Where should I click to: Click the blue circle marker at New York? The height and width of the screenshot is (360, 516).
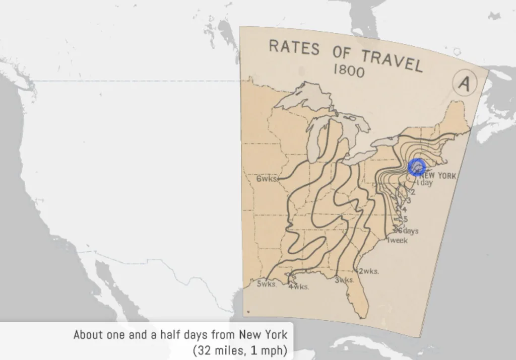pyautogui.click(x=417, y=167)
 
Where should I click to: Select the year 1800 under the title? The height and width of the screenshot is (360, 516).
pyautogui.click(x=348, y=70)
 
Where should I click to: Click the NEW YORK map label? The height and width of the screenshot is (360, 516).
pyautogui.click(x=437, y=176)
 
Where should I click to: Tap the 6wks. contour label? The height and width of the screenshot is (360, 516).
pyautogui.click(x=267, y=179)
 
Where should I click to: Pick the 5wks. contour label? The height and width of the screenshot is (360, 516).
pyautogui.click(x=267, y=283)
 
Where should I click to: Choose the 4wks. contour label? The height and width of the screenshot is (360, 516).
pyautogui.click(x=298, y=286)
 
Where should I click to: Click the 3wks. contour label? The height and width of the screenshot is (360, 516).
pyautogui.click(x=345, y=280)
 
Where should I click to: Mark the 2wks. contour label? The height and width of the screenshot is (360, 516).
pyautogui.click(x=368, y=271)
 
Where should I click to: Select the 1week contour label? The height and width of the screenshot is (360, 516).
pyautogui.click(x=397, y=241)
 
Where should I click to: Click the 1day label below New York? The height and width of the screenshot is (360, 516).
pyautogui.click(x=424, y=183)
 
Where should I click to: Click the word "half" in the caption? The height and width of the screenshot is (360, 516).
pyautogui.click(x=168, y=334)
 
